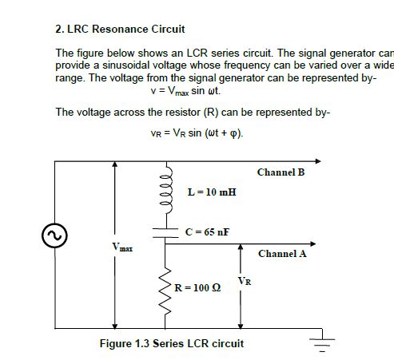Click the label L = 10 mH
(x=211, y=192)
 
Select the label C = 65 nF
(x=207, y=232)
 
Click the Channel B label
(x=281, y=172)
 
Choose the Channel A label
(x=281, y=254)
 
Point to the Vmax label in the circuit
(x=122, y=249)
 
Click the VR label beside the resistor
(x=247, y=281)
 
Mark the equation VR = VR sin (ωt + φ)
(x=197, y=133)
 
